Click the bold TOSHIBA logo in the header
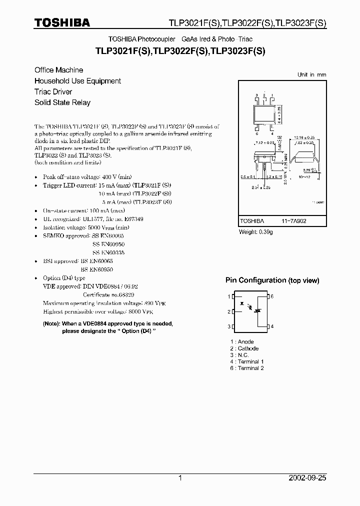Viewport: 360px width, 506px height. (62, 22)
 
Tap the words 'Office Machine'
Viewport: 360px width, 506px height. (58, 70)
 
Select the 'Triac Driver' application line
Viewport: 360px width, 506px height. (53, 91)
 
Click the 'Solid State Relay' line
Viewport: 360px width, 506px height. (62, 102)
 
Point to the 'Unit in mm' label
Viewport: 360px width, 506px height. (311, 74)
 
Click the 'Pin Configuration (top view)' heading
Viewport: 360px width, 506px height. (272, 280)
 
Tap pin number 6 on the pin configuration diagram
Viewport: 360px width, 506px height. (272, 296)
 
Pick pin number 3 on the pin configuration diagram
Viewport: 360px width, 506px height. (229, 326)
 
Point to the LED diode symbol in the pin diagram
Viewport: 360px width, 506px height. (242, 303)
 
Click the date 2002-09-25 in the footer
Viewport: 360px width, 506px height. (307, 478)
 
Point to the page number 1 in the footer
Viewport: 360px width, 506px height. (180, 478)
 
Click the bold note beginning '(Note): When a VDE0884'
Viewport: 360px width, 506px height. (108, 327)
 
